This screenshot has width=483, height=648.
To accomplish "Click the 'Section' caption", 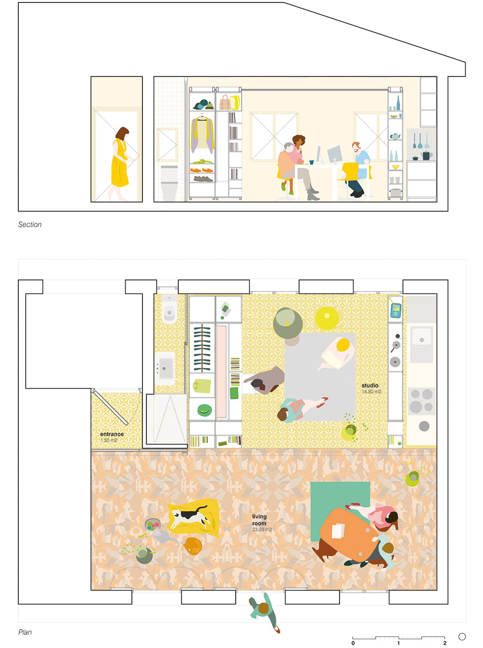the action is click(x=30, y=224).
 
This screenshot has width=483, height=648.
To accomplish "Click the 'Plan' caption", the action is click(x=25, y=632).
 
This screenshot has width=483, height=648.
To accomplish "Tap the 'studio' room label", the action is click(x=370, y=385).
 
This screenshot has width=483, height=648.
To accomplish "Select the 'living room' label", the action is click(x=259, y=520).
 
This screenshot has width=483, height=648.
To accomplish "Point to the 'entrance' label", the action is click(x=112, y=434).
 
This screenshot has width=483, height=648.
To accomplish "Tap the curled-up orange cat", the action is click(x=193, y=546).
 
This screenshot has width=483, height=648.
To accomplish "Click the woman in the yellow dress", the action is click(x=121, y=163).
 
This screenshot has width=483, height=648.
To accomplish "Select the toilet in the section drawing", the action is click(x=169, y=183).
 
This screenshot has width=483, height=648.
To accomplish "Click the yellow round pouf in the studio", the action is click(x=327, y=318).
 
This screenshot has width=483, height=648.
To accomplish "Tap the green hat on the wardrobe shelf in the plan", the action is click(x=204, y=410).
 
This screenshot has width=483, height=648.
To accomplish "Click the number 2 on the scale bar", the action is click(x=445, y=643).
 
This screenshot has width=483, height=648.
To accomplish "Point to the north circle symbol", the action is click(x=462, y=637).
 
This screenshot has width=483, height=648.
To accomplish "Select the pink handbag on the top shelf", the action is click(x=225, y=103).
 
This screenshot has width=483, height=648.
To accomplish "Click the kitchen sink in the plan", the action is click(x=421, y=340).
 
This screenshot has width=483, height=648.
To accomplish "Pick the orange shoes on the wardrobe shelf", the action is click(x=202, y=170).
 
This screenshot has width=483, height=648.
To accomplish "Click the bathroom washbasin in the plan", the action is click(x=165, y=368).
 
